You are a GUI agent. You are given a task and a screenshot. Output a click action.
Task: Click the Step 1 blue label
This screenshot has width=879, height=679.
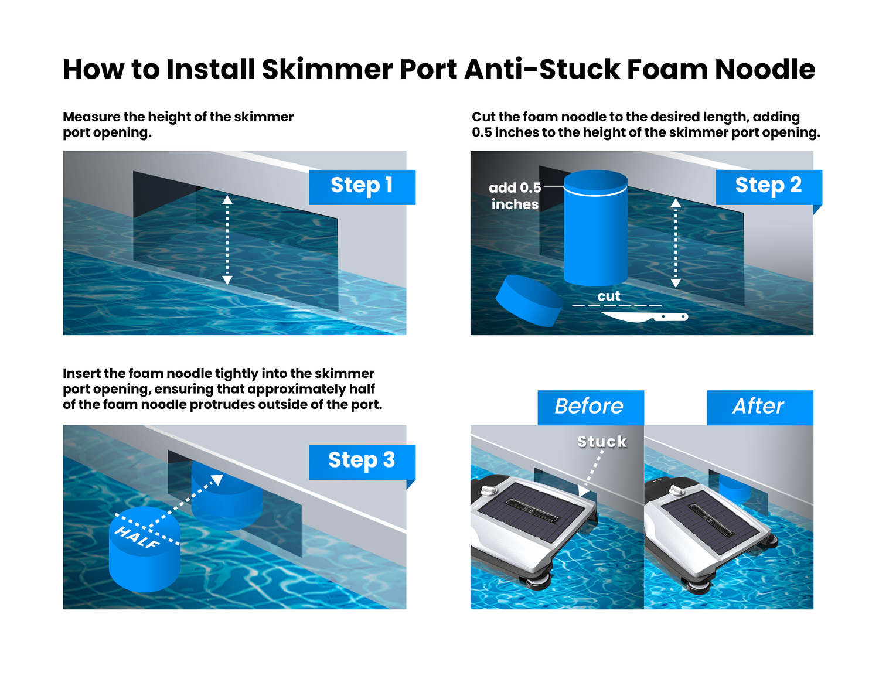(362, 186)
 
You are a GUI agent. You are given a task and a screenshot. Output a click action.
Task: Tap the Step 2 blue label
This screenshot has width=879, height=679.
(768, 186)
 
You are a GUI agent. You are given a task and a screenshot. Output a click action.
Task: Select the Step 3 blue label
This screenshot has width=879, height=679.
(362, 461)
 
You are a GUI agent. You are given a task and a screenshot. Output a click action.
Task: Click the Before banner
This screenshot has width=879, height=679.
(590, 407)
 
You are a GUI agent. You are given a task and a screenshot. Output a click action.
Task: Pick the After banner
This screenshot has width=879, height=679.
(759, 407)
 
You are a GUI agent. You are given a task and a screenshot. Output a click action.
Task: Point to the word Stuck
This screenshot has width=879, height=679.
(602, 442)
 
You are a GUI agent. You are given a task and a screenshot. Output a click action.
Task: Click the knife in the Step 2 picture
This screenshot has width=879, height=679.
(645, 317)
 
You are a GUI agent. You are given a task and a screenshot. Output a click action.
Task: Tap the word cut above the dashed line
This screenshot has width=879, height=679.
(608, 296)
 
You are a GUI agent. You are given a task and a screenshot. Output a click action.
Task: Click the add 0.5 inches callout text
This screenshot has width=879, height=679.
(515, 196)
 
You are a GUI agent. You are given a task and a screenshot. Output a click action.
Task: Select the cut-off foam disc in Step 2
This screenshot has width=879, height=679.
(529, 300)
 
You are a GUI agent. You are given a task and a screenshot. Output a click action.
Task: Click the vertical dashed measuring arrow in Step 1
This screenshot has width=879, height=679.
(227, 240)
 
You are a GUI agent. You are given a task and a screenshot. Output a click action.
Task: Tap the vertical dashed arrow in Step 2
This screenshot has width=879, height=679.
(676, 243)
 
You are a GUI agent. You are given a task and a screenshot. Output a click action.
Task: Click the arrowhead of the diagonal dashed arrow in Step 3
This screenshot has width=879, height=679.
(217, 480)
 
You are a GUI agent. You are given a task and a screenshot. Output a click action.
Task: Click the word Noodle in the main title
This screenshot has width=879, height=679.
(764, 70)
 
